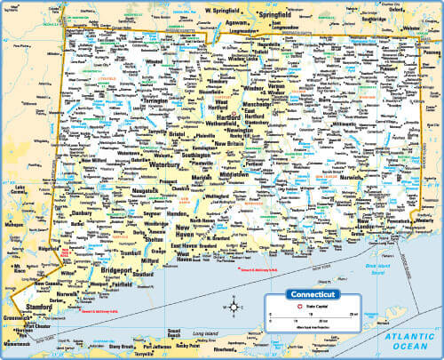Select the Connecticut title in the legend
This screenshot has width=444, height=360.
click(x=308, y=295)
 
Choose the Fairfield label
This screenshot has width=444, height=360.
click(x=122, y=284)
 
